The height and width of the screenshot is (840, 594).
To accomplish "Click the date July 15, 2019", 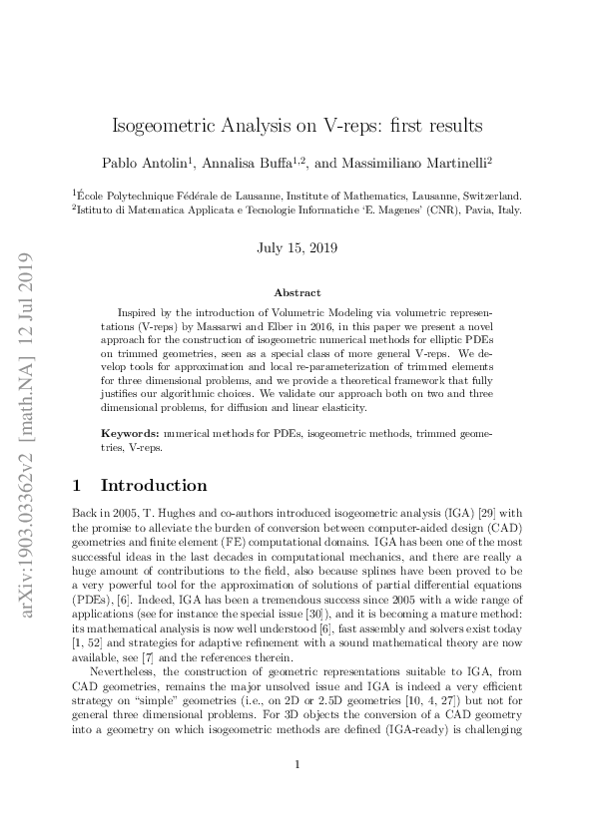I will point(296,246).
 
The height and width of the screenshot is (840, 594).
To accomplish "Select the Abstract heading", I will point(297,292).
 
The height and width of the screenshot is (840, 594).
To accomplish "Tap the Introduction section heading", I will point(154,486).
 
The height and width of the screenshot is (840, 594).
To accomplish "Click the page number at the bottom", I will point(297,793).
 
